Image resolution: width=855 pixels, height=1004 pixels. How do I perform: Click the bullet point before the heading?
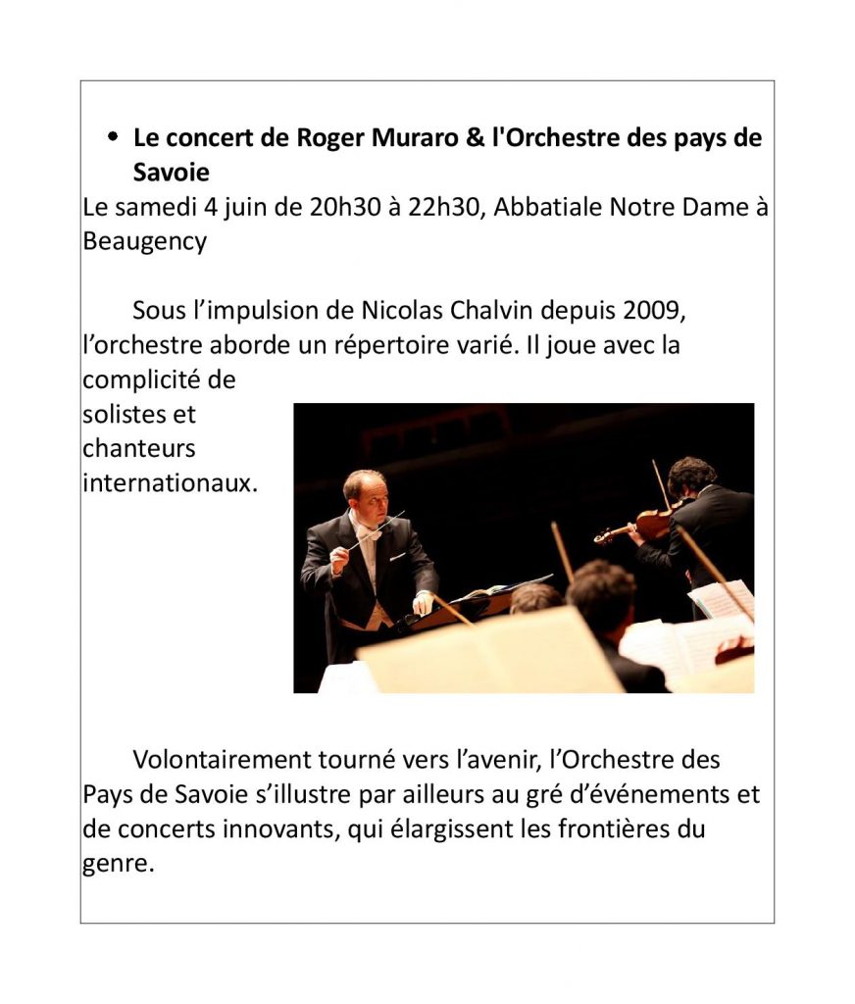click(x=114, y=138)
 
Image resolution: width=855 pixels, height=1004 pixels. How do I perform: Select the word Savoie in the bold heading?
click(x=172, y=172)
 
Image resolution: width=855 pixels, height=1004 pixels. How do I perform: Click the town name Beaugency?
click(x=144, y=241)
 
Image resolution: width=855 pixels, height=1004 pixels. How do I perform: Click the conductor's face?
click(x=365, y=491)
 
